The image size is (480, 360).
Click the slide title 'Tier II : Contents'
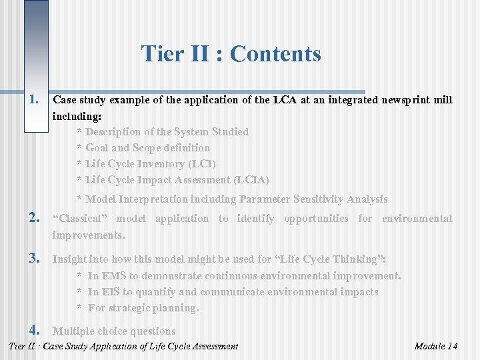pos(231,53)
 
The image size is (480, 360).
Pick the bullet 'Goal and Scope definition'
pos(147,148)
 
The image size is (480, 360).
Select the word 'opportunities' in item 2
pos(316,219)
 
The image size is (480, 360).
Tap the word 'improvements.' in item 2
pos(89,235)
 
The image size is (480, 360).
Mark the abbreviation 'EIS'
pos(111,292)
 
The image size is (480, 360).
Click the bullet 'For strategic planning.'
pos(143,308)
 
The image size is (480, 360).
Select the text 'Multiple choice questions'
pos(114,331)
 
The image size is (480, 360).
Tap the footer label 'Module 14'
pos(435,346)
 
